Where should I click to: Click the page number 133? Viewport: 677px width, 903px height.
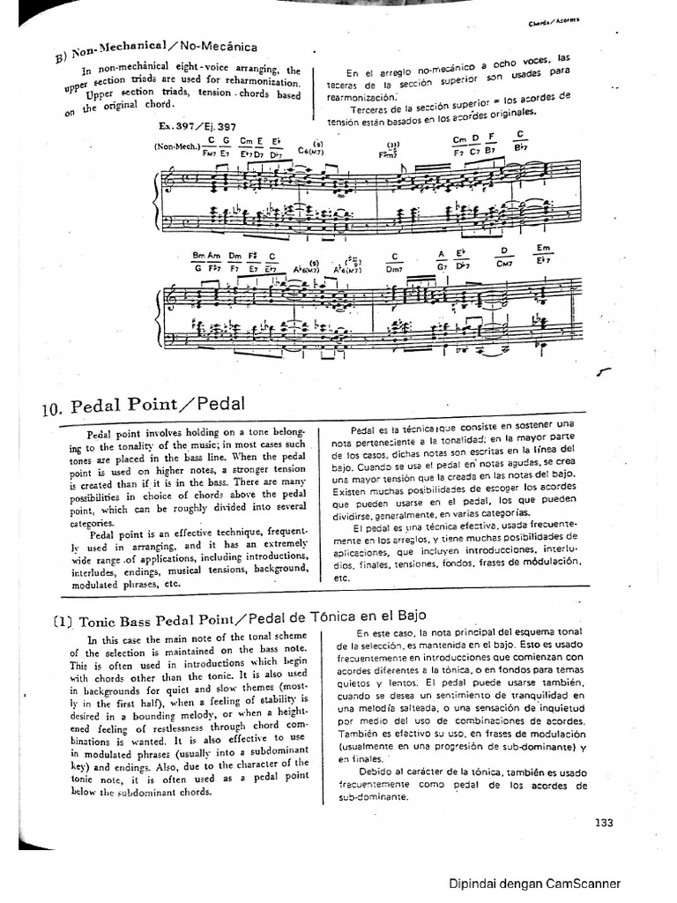point(603,823)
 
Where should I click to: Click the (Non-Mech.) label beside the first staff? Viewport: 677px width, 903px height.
point(175,147)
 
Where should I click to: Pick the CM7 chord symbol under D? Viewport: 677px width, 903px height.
point(505,263)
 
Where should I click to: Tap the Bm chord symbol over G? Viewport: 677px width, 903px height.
point(199,256)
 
